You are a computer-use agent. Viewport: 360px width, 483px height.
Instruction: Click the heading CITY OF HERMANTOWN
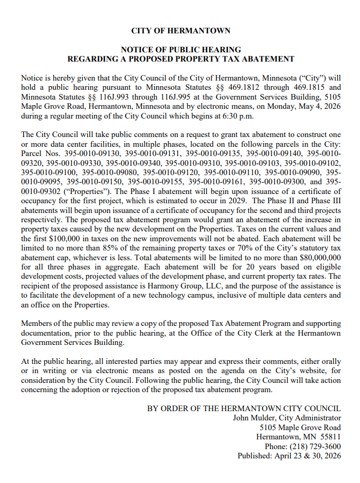coord(181,31)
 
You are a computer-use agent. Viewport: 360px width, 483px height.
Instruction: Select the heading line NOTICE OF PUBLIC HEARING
coord(181,50)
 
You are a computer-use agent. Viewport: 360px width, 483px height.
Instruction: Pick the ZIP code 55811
coord(330,437)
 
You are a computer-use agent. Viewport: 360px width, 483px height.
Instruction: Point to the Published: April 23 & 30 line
coord(289,456)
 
